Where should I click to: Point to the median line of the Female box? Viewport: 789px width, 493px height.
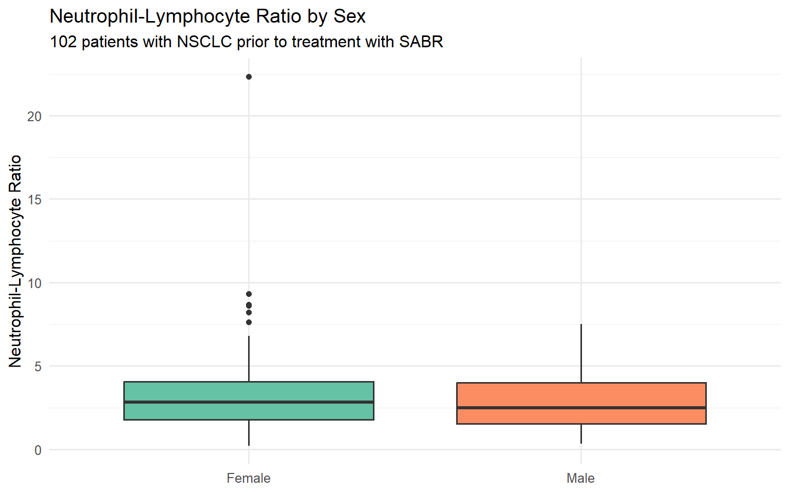249,402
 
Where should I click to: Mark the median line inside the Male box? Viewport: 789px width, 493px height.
581,408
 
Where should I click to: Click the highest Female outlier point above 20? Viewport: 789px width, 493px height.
249,77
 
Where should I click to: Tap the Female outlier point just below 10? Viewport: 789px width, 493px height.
249,294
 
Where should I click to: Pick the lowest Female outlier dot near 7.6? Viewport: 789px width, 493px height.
249,323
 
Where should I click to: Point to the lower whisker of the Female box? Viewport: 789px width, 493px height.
249,433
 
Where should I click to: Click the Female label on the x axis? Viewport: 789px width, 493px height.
249,478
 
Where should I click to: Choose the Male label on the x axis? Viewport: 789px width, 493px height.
580,478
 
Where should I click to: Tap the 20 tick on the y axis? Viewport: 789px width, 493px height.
34,117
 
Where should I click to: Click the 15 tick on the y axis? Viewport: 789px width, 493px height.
34,200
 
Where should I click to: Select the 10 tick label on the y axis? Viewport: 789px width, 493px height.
34,283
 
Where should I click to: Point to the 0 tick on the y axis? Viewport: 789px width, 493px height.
38,450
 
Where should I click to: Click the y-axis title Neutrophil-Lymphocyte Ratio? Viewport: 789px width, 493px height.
15,261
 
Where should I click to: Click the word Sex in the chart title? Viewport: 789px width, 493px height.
349,16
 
